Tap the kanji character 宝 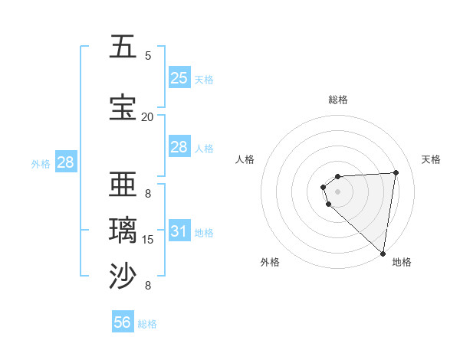pyautogui.click(x=123, y=107)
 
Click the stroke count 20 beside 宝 pyautogui.click(x=147, y=116)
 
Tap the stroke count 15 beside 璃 pyautogui.click(x=148, y=240)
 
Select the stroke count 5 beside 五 pyautogui.click(x=148, y=55)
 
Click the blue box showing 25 pyautogui.click(x=179, y=77)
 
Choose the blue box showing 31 pyautogui.click(x=179, y=231)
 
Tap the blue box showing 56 pyautogui.click(x=123, y=322)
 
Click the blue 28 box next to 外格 pyautogui.click(x=65, y=162)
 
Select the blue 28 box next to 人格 pyautogui.click(x=179, y=147)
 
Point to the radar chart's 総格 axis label pyautogui.click(x=338, y=100)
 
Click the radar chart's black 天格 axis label pyautogui.click(x=431, y=159)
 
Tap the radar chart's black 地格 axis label pyautogui.click(x=402, y=263)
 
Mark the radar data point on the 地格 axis pyautogui.click(x=383, y=254)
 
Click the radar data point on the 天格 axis pyautogui.click(x=396, y=172)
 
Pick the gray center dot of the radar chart pyautogui.click(x=338, y=191)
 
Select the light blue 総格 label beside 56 pyautogui.click(x=147, y=324)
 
